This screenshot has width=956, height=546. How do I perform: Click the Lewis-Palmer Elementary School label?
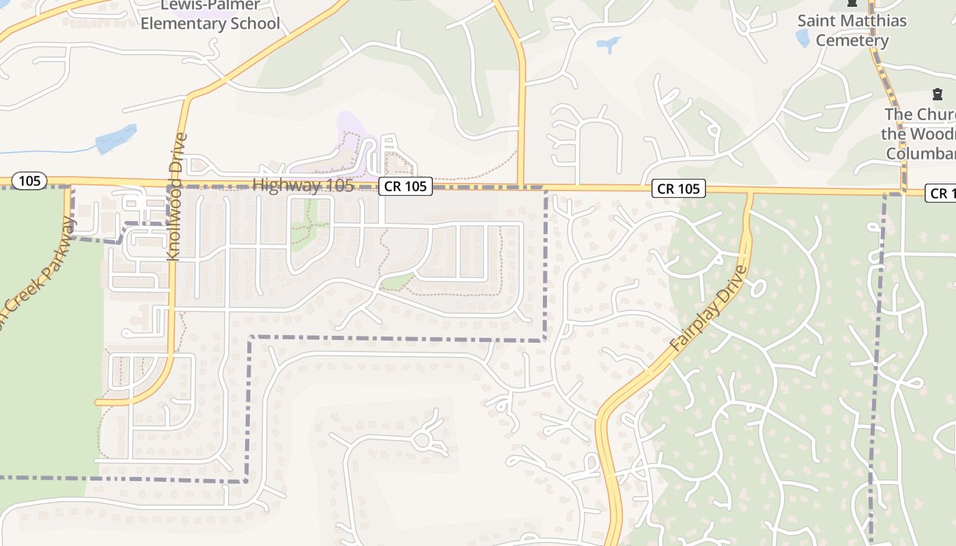point(210,15)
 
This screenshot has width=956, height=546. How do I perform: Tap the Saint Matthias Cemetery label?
point(852,30)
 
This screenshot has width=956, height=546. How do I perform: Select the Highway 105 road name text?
point(303,185)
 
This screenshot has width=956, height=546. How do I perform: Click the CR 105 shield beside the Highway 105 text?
point(406,186)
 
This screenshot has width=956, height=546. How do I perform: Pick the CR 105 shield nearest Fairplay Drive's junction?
point(679,188)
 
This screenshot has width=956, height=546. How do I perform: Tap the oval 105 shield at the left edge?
point(30,181)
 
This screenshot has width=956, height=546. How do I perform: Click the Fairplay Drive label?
point(709,308)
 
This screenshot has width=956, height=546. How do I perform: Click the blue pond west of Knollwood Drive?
point(116,139)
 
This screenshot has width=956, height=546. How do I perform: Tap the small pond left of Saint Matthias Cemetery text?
point(802,38)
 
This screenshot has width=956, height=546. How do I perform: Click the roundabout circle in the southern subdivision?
point(422,440)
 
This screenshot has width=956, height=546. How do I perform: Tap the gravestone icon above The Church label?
point(936,94)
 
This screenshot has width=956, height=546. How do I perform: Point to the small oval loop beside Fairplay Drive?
point(756,289)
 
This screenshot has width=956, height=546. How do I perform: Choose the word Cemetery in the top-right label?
point(852,40)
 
